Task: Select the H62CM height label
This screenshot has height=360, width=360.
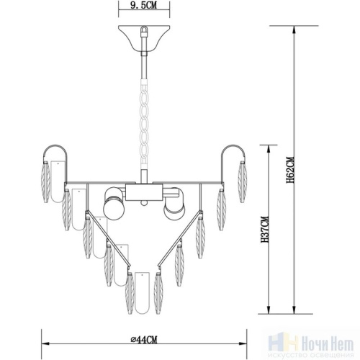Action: tap(289, 172)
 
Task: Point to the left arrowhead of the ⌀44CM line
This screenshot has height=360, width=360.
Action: tap(42, 345)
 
